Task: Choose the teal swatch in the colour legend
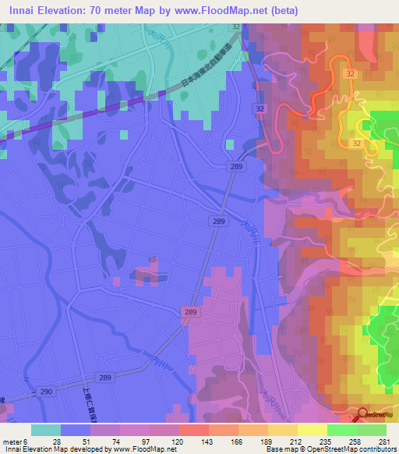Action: tap(46, 430)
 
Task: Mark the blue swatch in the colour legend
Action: tap(76, 430)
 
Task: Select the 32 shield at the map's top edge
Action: tap(235, 27)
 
